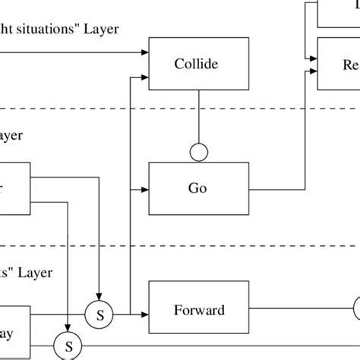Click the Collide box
[x=198, y=65]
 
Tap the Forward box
[x=198, y=310]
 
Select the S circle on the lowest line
[x=68, y=346]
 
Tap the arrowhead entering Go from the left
[x=145, y=186]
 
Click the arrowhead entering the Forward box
[x=145, y=310]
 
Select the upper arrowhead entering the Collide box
[x=145, y=52]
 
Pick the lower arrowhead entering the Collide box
[x=145, y=76]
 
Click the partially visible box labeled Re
[x=338, y=64]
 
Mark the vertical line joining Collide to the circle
[x=198, y=118]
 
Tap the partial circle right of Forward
[x=356, y=310]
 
